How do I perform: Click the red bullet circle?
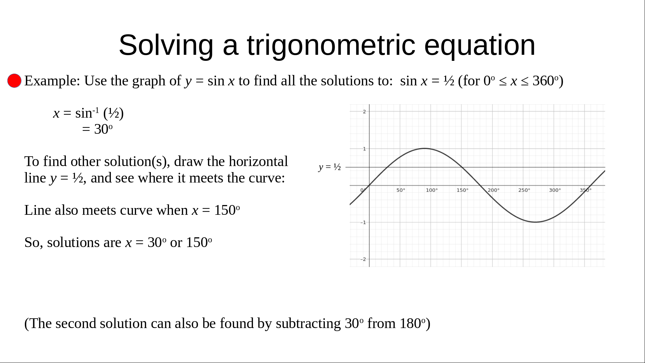(x=14, y=81)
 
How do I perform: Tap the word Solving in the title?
(x=166, y=46)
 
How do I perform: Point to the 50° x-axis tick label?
(x=401, y=190)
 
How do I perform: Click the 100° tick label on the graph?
(x=432, y=190)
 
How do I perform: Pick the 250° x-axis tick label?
(x=524, y=190)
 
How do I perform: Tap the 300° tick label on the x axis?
(x=555, y=190)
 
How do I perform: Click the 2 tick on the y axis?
(x=364, y=112)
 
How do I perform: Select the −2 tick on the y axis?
(x=363, y=259)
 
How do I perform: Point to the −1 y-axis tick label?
(x=363, y=223)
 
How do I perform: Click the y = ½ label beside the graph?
(x=330, y=167)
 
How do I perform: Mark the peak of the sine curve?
(x=425, y=148)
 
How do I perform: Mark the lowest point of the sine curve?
(x=535, y=222)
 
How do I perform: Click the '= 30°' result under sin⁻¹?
(x=97, y=129)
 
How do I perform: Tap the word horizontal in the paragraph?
(x=258, y=161)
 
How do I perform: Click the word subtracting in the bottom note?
(x=308, y=324)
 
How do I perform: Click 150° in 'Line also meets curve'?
(x=227, y=210)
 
